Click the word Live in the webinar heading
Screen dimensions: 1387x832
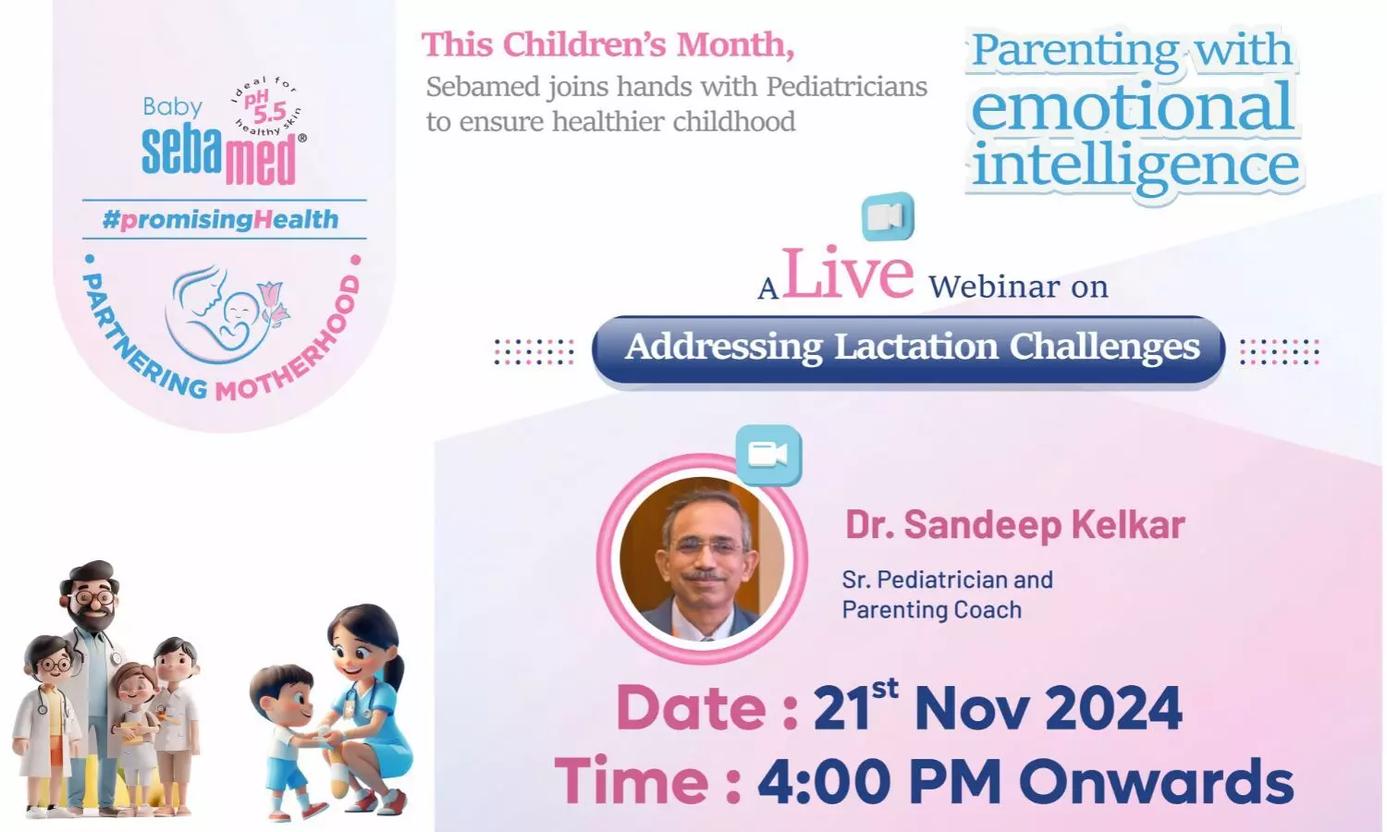[x=848, y=274]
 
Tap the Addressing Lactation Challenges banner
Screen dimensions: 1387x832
[x=908, y=349]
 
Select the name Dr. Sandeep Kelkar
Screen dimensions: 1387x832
[x=1015, y=525]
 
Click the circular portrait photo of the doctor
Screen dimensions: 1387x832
[x=702, y=559]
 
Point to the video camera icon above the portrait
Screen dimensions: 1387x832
[x=768, y=455]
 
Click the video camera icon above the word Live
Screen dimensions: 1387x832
[x=888, y=216]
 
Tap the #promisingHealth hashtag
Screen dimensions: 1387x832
[x=220, y=219]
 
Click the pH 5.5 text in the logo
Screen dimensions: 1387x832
[x=264, y=106]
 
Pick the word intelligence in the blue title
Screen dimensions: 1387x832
[x=1135, y=165]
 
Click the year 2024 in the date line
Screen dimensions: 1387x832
[x=1113, y=708]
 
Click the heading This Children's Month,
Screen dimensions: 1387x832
[x=608, y=45]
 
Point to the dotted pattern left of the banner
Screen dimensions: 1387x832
[x=534, y=351]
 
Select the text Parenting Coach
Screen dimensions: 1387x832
[x=931, y=610]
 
